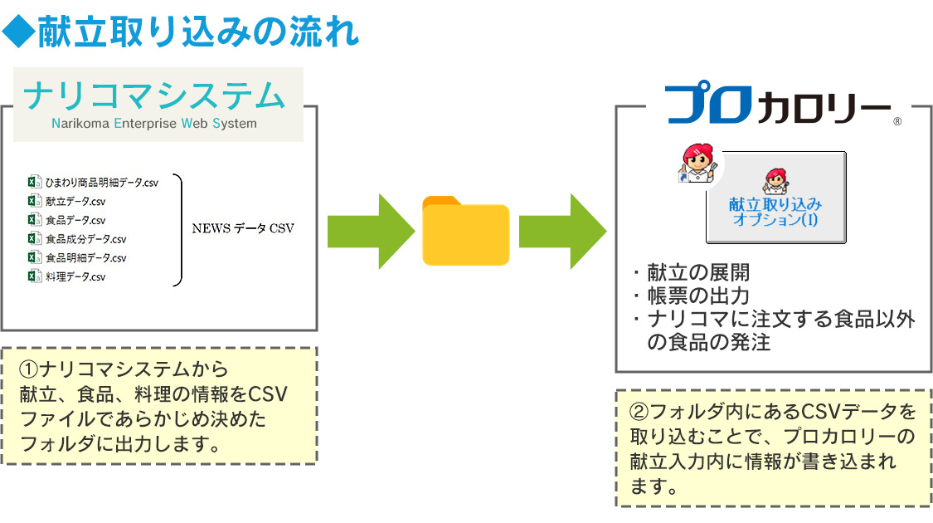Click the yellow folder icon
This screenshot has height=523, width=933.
(465, 231)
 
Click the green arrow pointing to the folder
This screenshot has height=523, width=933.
(371, 231)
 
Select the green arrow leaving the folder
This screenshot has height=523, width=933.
(562, 231)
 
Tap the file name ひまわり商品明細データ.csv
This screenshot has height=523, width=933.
(102, 183)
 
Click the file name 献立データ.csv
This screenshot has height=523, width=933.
(75, 202)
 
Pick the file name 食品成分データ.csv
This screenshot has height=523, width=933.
(85, 239)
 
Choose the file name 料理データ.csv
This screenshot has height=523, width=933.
(75, 276)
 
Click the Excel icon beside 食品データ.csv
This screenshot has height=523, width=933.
(35, 220)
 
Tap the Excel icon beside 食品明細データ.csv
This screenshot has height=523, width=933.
(35, 257)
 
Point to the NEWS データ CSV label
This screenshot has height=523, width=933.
(243, 229)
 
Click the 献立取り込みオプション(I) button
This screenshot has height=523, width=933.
(776, 198)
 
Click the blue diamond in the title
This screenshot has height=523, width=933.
(18, 32)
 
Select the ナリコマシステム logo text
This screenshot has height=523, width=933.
(154, 96)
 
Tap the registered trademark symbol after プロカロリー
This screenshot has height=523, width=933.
(897, 121)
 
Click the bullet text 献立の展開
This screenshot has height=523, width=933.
(698, 273)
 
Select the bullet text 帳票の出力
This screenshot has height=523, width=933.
(698, 296)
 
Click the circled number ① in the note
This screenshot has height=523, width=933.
(29, 369)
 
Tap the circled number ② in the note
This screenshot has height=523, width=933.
(639, 412)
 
